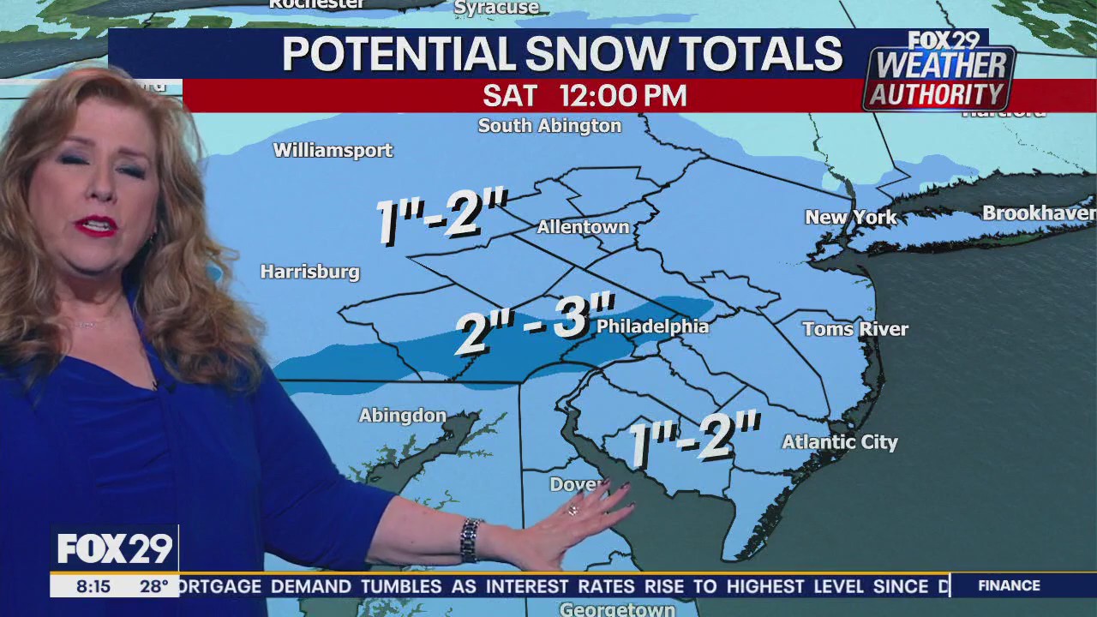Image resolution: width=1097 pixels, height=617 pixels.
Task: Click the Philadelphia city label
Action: [652, 326]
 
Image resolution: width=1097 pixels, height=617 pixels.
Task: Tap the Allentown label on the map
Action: [583, 227]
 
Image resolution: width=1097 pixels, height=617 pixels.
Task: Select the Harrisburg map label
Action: [309, 272]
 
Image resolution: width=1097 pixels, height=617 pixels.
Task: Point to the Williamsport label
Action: [333, 150]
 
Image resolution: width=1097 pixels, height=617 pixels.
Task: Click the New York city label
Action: [850, 217]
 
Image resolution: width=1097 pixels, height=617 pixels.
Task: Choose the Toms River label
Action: [854, 328]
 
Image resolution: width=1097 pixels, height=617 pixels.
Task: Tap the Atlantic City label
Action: [839, 442]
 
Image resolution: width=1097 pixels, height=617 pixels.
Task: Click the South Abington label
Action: [549, 126]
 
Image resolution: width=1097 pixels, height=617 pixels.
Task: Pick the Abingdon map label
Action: [402, 416]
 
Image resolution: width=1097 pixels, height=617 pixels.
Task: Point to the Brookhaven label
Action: [1038, 213]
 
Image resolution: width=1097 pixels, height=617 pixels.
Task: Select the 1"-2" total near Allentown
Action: [442, 217]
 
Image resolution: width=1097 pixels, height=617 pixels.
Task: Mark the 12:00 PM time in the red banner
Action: [623, 96]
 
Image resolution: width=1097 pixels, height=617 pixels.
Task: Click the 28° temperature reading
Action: [154, 587]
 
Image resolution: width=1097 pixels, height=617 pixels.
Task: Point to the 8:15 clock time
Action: [93, 587]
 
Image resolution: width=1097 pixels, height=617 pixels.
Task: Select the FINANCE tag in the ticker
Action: [1009, 585]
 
